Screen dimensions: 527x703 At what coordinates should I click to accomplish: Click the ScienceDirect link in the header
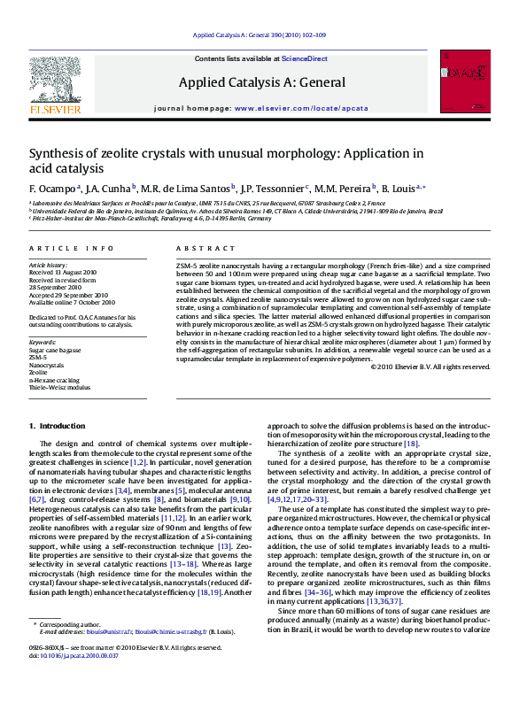[x=305, y=58]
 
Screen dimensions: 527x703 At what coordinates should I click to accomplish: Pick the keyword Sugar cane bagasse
[x=55, y=351]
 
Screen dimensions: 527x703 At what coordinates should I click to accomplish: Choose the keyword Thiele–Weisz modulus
[x=60, y=386]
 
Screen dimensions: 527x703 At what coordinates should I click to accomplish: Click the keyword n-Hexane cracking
[x=55, y=379]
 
